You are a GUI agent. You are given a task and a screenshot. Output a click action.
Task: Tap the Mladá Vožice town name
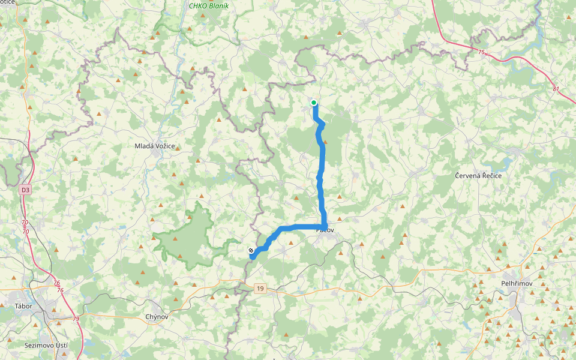pos(158,146)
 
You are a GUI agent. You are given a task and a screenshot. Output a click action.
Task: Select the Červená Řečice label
pos(478,176)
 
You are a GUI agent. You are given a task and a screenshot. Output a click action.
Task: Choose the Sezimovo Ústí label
pos(46,346)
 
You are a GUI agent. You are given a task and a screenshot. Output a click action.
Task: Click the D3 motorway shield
pos(25,190)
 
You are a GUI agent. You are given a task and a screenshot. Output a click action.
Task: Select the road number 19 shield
pos(259,289)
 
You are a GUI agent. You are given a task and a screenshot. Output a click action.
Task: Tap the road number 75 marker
pos(481,53)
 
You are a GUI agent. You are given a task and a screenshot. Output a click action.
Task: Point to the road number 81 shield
pos(556,89)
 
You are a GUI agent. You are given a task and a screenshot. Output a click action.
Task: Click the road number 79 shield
pos(76,319)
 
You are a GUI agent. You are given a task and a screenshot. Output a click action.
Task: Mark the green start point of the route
pos(314,103)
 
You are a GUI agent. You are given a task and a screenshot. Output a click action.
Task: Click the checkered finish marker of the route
pos(250,250)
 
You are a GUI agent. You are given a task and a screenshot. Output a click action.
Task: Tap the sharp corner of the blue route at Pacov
pos(325,226)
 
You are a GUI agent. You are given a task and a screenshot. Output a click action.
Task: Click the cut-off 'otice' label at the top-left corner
pos(7,3)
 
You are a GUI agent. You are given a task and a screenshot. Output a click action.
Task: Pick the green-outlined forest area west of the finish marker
pos(186,234)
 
